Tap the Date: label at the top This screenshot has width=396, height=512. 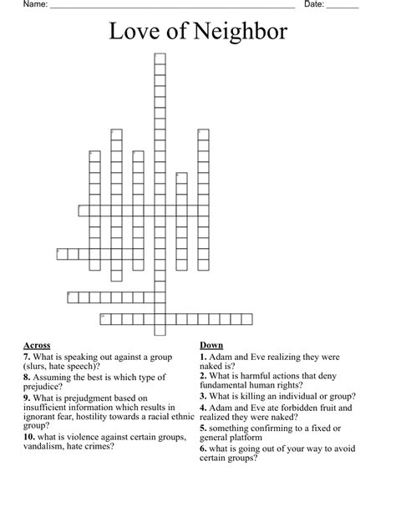314,5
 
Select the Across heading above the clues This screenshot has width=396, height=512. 37,345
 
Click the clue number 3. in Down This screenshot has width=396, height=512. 203,396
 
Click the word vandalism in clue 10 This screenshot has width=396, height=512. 46,446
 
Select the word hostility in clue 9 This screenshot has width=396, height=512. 105,416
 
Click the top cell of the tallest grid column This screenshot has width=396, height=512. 160,57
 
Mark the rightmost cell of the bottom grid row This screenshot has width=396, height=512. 246,317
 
